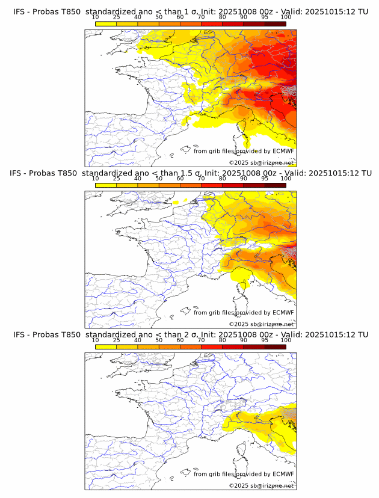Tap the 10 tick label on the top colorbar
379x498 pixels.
96,17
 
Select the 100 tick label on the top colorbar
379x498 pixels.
286,17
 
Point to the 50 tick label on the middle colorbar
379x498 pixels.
159,179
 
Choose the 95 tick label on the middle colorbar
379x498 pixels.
265,179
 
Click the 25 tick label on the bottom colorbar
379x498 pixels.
117,340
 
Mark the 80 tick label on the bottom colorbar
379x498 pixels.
223,340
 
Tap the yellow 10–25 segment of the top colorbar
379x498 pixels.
106,23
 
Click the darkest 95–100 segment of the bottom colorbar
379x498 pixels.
275,346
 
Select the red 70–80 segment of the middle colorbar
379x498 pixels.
212,185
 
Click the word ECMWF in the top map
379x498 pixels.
283,151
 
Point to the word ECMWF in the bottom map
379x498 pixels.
283,474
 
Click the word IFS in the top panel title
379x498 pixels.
19,11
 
